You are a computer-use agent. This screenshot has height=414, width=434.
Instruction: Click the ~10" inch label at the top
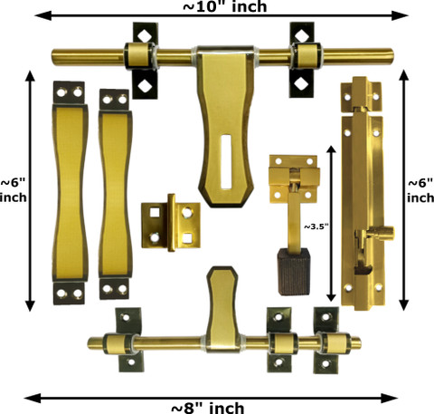pos(225,6)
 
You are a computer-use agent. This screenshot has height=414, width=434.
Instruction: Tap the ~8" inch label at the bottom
pos(208,408)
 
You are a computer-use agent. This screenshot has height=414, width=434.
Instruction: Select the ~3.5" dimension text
pos(316,226)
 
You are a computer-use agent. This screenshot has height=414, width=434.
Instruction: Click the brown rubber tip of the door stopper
pos(294,272)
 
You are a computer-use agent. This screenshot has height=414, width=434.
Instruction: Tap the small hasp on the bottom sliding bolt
pos(223,309)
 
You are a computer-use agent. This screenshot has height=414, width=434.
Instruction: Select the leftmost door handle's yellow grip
pos(71,193)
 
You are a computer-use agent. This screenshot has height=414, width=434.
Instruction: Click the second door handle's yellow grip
pos(116,194)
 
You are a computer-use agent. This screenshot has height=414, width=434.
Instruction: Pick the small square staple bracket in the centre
pos(171,223)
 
